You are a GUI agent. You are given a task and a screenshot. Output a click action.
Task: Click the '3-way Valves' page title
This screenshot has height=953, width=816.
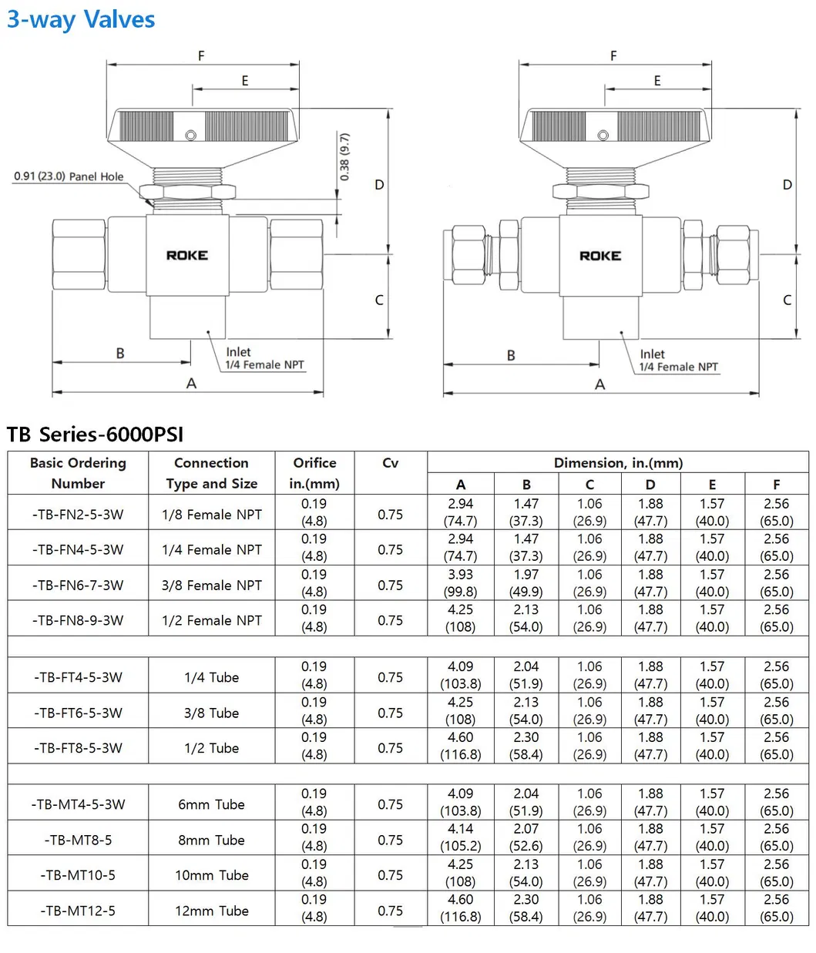81,19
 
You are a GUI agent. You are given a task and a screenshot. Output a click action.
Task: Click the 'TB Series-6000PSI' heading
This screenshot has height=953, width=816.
96,435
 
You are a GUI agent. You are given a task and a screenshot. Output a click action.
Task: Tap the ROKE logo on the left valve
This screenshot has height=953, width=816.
187,255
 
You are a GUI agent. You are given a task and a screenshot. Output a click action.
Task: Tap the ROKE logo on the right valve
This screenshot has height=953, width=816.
600,255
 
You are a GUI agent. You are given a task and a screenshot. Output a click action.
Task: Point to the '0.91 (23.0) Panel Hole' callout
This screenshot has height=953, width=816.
69,176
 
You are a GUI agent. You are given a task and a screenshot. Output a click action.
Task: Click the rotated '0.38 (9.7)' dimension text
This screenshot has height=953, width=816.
344,156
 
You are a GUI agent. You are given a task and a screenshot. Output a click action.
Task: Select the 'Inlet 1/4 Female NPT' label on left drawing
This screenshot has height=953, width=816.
264,358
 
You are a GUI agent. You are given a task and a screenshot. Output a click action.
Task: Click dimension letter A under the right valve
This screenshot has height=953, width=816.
600,384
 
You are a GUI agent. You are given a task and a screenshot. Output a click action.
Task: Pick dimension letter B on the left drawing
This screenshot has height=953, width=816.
120,354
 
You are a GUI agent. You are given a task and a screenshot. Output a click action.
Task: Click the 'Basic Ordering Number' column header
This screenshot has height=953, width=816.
78,473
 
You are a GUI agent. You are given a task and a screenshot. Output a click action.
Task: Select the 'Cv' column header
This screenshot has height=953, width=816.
390,463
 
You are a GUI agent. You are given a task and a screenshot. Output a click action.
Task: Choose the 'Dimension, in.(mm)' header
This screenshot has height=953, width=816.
618,463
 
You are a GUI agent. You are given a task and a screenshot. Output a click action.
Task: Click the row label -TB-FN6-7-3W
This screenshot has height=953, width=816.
78,585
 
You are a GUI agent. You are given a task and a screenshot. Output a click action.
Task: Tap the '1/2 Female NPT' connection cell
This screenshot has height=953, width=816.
212,620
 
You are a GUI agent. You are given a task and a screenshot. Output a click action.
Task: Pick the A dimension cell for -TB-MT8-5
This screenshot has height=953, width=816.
461,837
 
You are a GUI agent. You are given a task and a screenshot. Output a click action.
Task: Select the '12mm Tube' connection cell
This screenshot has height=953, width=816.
212,911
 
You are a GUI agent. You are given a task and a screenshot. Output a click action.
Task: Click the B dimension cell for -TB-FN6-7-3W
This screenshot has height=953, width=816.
526,583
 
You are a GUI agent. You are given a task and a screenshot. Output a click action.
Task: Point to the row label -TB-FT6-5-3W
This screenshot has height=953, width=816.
78,713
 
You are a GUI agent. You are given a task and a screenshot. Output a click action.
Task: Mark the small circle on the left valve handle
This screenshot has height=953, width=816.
191,136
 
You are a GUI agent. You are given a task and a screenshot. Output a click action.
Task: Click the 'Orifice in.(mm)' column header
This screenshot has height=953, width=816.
314,473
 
